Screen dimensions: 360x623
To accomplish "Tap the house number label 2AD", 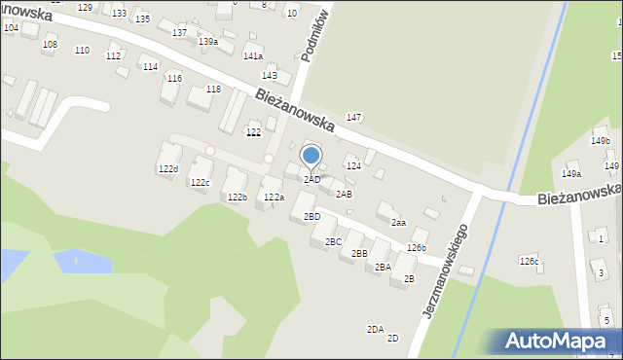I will click(311, 180).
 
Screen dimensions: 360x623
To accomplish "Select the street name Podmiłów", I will click(318, 34).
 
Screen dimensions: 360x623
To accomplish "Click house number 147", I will click(354, 118).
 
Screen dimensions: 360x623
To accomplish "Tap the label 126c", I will click(529, 261).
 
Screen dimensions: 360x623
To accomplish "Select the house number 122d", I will click(168, 169).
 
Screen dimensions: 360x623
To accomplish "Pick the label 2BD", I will click(311, 216).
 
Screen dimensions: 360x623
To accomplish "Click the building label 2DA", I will click(375, 329).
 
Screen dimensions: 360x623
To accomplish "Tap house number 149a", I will click(570, 174).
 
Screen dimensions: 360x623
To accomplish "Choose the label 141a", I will click(253, 56).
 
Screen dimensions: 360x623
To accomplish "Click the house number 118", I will click(213, 90).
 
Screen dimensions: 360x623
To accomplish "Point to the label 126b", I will click(417, 247).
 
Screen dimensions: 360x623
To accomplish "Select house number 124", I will click(353, 166).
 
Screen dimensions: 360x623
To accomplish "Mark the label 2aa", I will click(398, 222).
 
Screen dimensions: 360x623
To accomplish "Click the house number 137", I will click(180, 33).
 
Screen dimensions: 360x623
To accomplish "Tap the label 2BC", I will click(333, 241).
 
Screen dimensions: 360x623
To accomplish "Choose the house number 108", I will click(50, 45).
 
